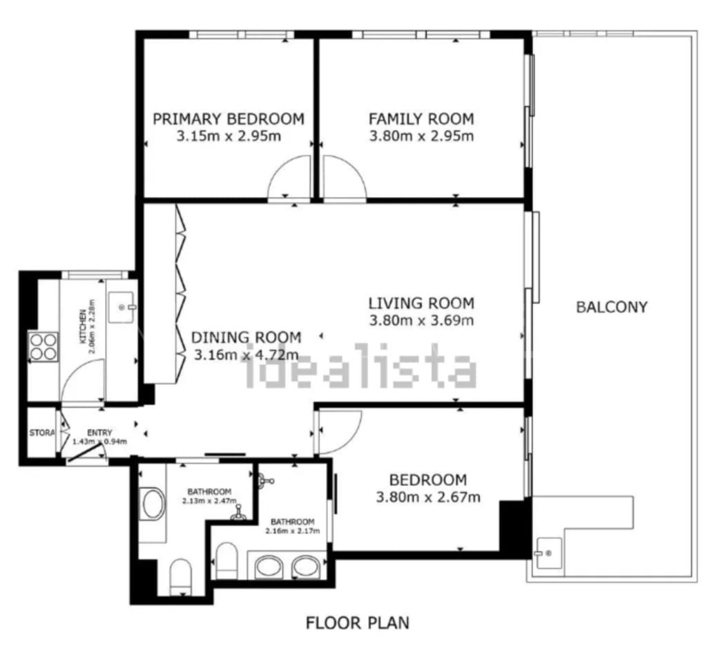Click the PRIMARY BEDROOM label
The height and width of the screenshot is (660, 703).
coord(229,119)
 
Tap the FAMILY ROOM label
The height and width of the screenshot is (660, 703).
coord(421,119)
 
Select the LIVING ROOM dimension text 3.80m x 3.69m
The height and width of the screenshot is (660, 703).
coord(421,321)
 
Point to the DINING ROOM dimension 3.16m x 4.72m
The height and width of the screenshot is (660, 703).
coord(246,355)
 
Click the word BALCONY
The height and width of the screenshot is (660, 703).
coord(612,307)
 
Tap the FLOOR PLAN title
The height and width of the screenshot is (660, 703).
coord(357,623)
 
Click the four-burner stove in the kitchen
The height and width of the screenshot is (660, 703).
coord(43,347)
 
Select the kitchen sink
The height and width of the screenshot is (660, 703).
coord(122,308)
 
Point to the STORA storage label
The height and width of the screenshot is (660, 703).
coord(41,433)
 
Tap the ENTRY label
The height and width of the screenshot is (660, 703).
coord(99,433)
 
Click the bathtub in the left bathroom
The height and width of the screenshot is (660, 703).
coord(153,504)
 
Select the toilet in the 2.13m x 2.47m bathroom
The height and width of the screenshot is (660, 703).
coord(181,577)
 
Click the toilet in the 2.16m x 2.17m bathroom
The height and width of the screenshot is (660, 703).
coord(227,561)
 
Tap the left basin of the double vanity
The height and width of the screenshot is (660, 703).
coord(269,567)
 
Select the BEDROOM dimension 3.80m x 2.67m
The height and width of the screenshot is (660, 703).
coord(428,497)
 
